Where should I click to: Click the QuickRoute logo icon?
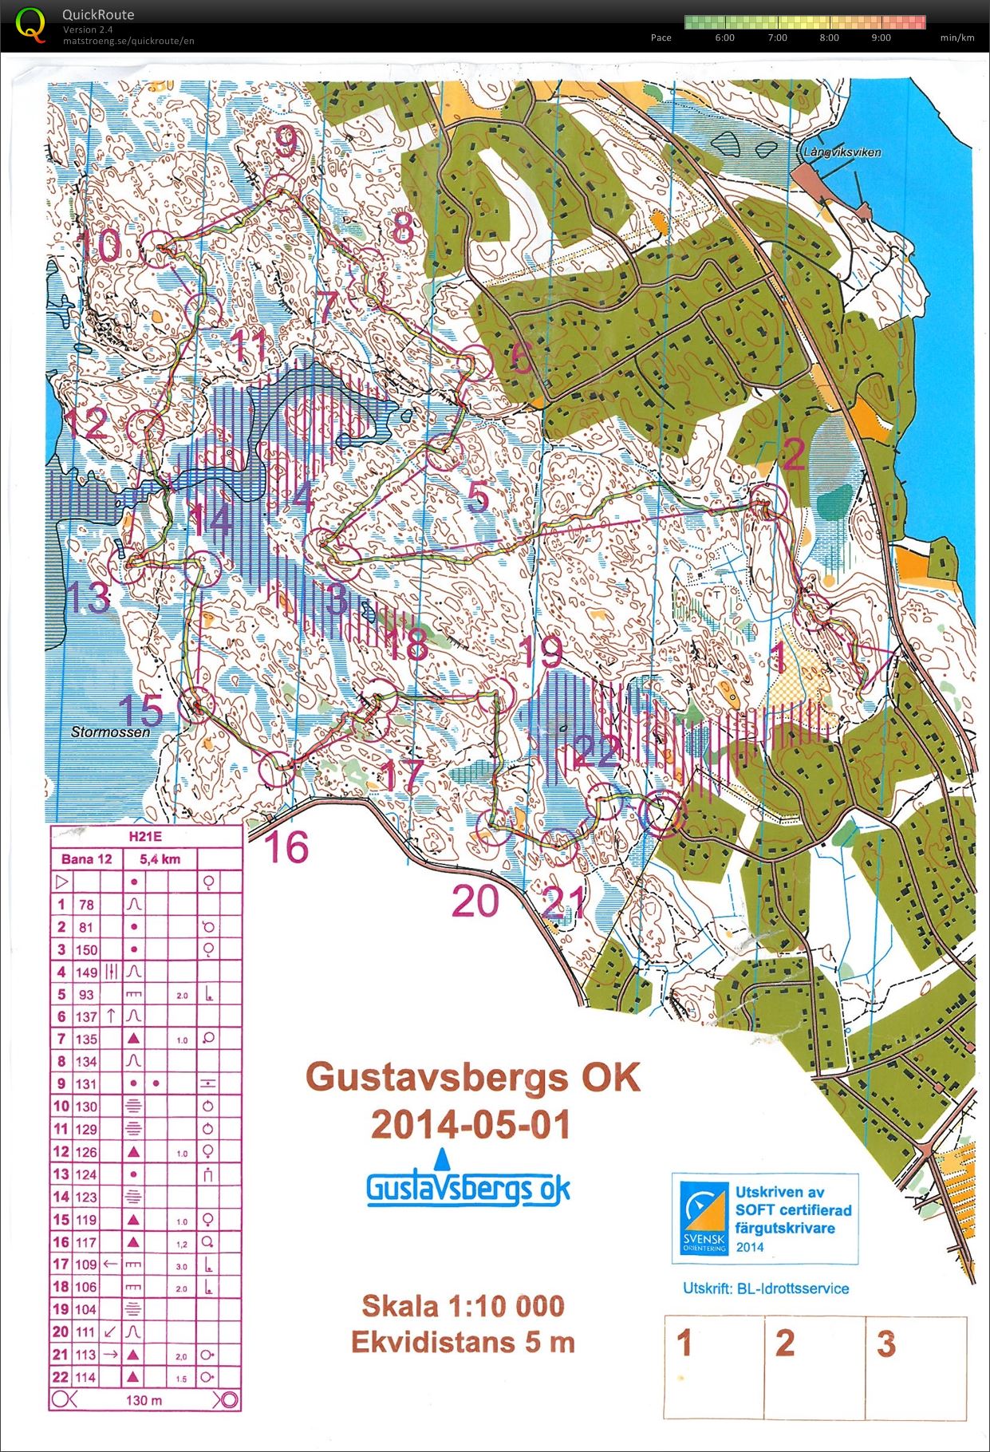pyautogui.click(x=30, y=24)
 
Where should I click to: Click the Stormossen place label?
pyautogui.click(x=110, y=731)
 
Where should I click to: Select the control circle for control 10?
pyautogui.click(x=158, y=247)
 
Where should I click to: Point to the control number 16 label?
pyautogui.click(x=286, y=847)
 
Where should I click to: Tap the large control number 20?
pyautogui.click(x=475, y=902)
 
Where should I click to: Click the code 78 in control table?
pyautogui.click(x=86, y=905)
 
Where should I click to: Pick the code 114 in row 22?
pyautogui.click(x=86, y=1377)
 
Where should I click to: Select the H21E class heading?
pyautogui.click(x=144, y=837)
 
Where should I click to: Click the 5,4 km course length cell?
pyautogui.click(x=160, y=859)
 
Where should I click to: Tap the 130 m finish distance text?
pyautogui.click(x=144, y=1399)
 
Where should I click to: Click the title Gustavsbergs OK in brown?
pyautogui.click(x=472, y=1078)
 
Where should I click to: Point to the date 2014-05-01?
pyautogui.click(x=471, y=1125)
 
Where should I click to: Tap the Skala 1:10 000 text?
pyautogui.click(x=463, y=1307)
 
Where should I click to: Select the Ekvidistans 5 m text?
pyautogui.click(x=463, y=1342)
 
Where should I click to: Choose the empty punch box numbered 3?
pyautogui.click(x=916, y=1367)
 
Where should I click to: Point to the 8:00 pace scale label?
pyautogui.click(x=829, y=37)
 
